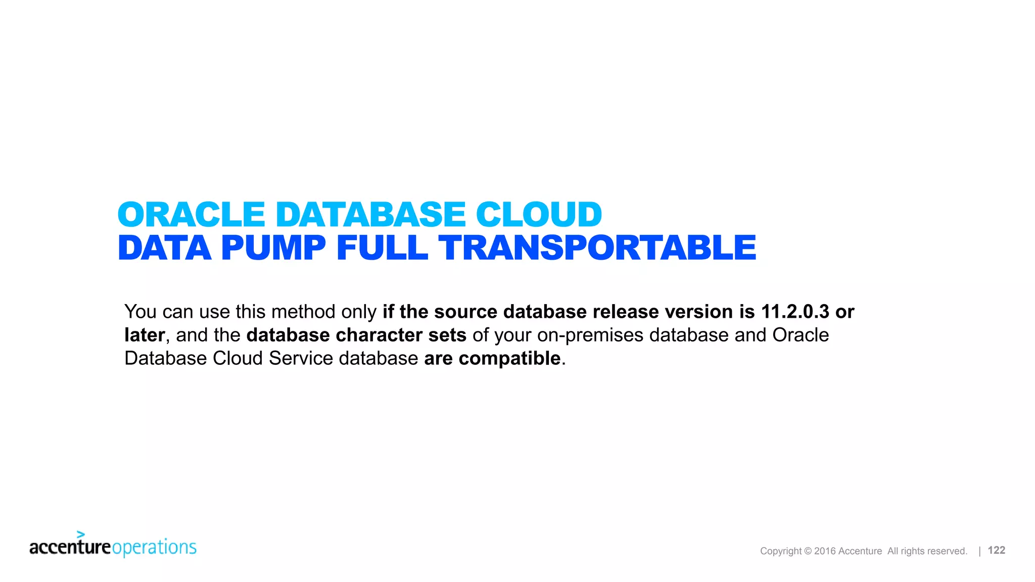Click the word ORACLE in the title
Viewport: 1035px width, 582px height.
click(x=191, y=215)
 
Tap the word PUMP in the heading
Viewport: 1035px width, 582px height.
click(x=273, y=248)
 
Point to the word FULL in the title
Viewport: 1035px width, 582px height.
click(x=382, y=248)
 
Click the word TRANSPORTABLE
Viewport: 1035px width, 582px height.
click(x=597, y=248)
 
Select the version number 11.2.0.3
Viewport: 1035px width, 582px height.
click(x=795, y=312)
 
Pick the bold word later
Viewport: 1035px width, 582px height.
click(x=145, y=335)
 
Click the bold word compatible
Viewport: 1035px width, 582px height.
click(x=509, y=359)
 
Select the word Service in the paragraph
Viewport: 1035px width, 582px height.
click(x=301, y=358)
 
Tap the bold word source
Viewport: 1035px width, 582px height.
click(x=465, y=312)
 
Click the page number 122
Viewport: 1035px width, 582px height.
click(x=996, y=550)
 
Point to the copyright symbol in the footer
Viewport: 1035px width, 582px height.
click(x=808, y=551)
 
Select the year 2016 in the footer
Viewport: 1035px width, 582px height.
click(x=825, y=551)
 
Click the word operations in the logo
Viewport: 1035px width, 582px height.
click(x=154, y=547)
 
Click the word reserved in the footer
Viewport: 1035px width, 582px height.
click(x=947, y=551)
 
